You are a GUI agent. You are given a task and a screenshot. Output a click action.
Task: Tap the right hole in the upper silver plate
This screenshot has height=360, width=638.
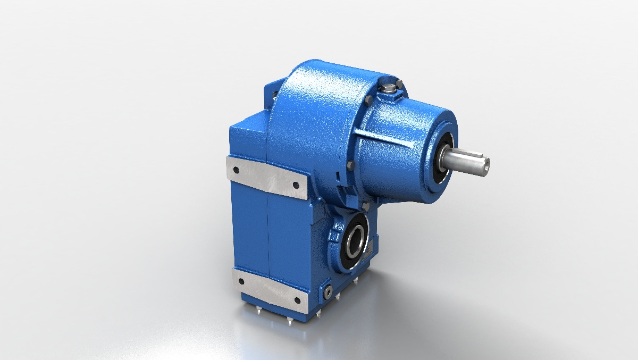tap(296, 185)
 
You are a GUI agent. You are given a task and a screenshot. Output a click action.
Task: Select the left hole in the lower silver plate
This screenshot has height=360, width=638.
tap(241, 282)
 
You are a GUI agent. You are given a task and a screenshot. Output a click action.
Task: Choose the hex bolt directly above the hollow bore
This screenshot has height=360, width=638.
tap(366, 206)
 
